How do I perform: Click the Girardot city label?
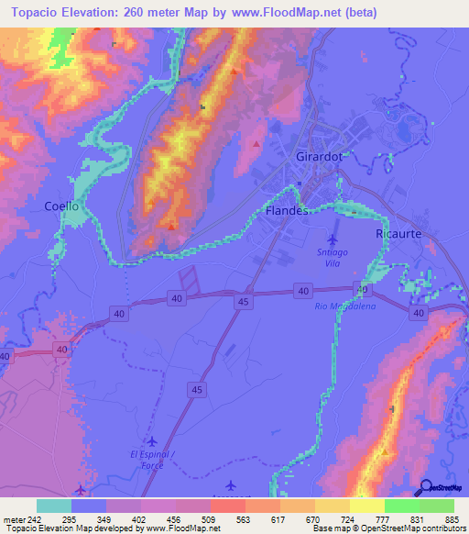click(x=320, y=157)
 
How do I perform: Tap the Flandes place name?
click(x=286, y=211)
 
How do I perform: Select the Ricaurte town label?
click(x=398, y=235)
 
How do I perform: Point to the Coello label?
click(x=61, y=206)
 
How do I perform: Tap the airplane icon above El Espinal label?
click(x=151, y=440)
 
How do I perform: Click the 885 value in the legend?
click(x=453, y=519)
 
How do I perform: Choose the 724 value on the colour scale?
click(x=348, y=519)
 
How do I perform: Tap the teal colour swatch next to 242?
click(x=54, y=506)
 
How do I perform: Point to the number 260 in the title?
click(x=136, y=12)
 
